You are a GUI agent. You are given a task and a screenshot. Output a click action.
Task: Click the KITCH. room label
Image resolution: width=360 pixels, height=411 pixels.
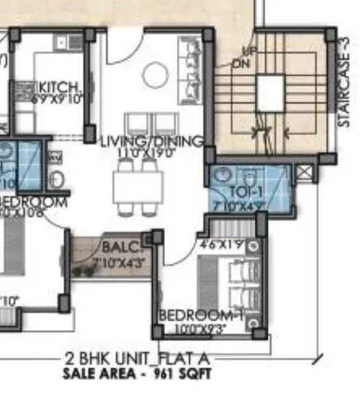pos(59,87)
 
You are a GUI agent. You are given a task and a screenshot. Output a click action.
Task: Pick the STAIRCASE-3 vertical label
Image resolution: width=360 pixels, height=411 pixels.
pos(344,83)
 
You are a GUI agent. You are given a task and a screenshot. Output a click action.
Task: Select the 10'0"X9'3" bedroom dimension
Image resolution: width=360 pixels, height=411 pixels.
pos(200,329)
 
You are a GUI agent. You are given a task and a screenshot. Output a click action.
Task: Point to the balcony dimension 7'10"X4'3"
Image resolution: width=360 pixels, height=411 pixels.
pos(119,263)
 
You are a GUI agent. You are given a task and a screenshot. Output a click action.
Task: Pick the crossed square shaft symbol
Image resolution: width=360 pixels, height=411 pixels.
pos(304,174)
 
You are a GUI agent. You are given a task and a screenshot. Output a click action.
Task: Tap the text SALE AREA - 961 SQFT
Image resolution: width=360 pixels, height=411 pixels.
pos(138,374)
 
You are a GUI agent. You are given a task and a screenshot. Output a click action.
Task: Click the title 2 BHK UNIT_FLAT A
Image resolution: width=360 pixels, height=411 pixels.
pos(139,359)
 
